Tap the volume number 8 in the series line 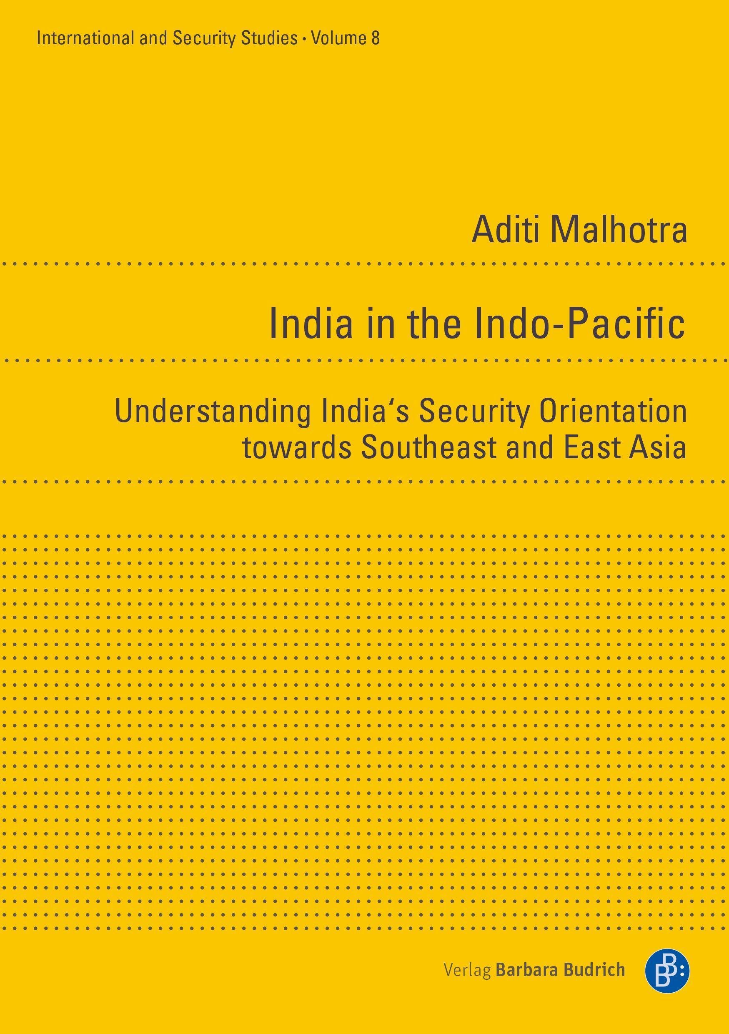tap(375, 39)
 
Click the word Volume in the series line tap(339, 39)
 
